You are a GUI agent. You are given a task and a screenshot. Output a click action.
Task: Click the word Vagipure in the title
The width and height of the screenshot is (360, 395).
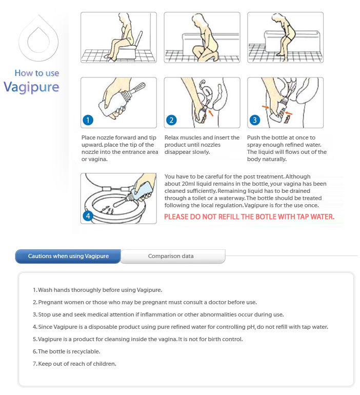(31, 87)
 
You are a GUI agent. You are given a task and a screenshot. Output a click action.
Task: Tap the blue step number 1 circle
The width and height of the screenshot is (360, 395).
(88, 121)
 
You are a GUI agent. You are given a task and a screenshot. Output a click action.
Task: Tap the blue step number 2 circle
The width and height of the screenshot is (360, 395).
(171, 121)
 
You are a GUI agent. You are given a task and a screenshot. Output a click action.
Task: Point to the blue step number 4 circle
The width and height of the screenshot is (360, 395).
(88, 216)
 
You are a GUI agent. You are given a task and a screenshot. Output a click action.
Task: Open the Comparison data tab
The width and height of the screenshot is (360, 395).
(171, 256)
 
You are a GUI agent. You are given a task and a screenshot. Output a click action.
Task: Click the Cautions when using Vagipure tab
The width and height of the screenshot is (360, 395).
(68, 256)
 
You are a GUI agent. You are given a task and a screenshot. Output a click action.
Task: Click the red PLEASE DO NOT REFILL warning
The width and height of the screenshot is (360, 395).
(249, 216)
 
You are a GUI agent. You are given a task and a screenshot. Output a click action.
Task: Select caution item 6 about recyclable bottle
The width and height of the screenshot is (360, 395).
(66, 351)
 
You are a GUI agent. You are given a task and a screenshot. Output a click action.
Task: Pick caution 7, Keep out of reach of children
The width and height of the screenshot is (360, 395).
(74, 364)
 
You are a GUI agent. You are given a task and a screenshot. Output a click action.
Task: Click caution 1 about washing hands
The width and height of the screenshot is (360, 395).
(97, 290)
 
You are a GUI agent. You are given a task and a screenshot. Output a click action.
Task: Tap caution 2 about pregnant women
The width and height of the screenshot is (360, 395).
(145, 302)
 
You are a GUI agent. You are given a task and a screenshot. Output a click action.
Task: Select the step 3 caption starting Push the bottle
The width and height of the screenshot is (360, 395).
(286, 148)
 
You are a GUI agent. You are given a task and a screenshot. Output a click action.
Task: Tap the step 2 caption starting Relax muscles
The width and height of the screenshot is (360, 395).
(202, 145)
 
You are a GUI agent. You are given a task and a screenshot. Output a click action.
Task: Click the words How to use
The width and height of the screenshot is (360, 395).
(37, 73)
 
